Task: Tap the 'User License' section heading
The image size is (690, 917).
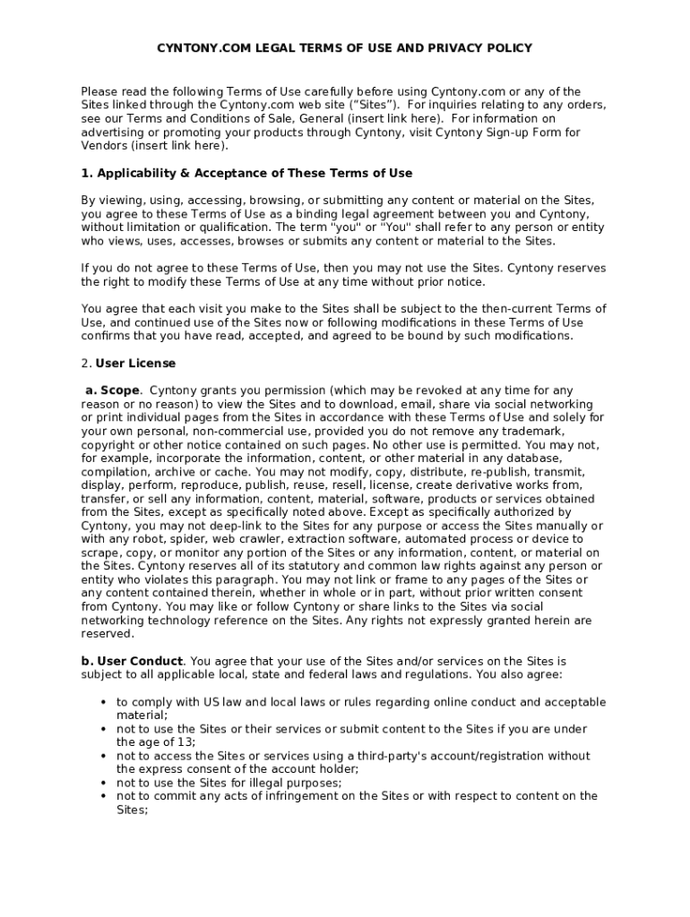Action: [135, 364]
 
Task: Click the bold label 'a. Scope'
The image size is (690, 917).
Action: [112, 390]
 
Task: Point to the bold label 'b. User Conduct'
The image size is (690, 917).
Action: [132, 661]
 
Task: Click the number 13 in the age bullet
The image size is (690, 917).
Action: [186, 742]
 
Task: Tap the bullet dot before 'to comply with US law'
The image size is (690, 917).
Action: [104, 702]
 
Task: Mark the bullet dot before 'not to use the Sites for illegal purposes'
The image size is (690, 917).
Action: [104, 783]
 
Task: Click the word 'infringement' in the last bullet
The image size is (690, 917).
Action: [256, 796]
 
